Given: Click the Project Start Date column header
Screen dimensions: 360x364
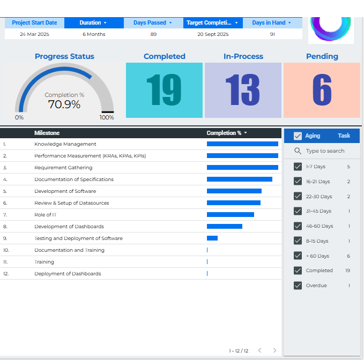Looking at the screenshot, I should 34,23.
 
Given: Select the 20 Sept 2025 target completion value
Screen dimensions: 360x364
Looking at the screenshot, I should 213,34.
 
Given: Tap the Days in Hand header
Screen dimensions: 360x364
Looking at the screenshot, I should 271,23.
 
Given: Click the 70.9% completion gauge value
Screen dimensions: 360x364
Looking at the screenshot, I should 64,104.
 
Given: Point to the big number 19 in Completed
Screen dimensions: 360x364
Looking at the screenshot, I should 164,90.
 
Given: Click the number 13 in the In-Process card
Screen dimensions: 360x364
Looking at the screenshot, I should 242,90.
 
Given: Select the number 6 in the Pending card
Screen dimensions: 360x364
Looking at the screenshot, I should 322,90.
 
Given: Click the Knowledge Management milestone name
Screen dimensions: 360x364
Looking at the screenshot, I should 65,144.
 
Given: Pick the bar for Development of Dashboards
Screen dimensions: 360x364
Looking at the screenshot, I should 224,227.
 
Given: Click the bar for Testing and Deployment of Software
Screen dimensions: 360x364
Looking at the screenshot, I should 212,238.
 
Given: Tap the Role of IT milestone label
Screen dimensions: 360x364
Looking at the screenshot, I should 46,215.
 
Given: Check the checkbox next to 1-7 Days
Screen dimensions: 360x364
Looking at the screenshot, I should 298,167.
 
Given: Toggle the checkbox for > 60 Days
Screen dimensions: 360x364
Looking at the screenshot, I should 298,256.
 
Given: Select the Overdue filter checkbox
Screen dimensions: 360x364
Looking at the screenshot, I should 298,286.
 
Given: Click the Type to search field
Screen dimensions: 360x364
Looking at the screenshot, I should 325,151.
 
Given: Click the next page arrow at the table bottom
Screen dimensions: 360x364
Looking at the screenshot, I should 274,350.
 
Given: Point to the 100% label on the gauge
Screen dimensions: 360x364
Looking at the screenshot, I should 107,117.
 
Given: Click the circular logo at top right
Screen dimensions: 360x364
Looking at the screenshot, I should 331,24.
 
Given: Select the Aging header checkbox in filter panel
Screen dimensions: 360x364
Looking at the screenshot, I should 298,136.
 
